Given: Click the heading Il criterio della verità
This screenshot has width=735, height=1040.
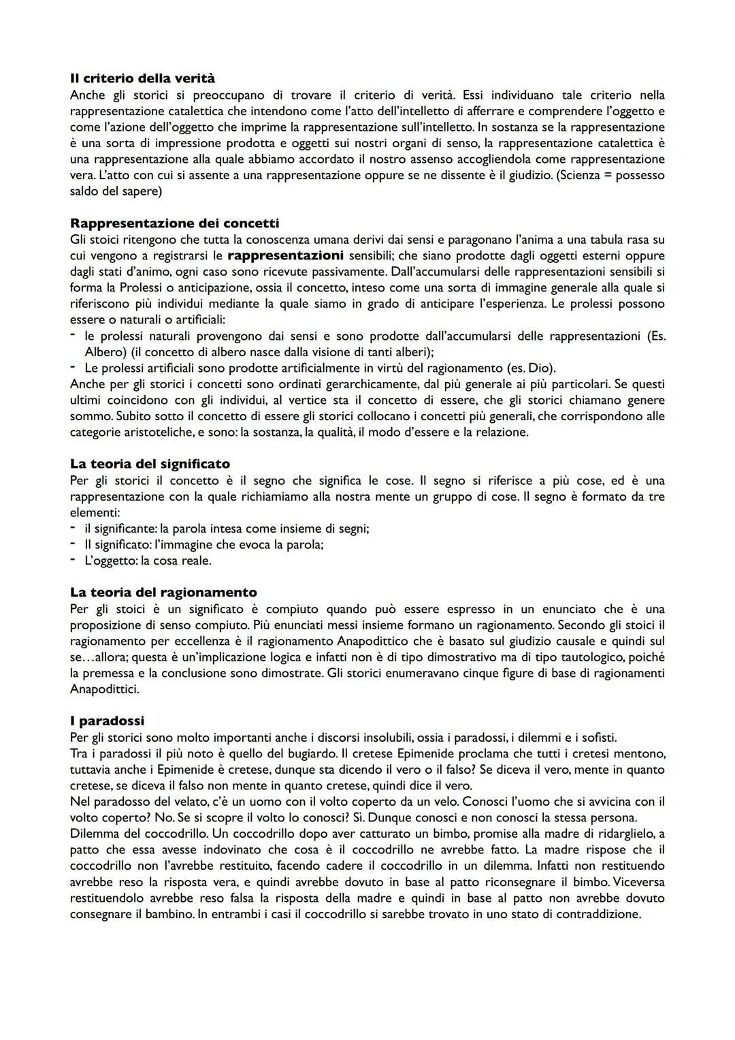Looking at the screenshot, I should [142, 79].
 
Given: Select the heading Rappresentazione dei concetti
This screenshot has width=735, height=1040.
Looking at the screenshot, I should [174, 223].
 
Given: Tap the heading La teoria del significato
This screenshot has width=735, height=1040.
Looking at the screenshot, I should [150, 464].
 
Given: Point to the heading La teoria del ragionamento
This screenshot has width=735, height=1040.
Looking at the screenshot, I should [163, 593].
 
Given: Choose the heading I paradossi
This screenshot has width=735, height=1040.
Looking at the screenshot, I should [107, 721].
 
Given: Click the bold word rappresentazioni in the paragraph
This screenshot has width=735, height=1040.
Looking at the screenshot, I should [285, 255].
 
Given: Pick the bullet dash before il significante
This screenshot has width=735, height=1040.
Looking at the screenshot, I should [73, 528].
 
